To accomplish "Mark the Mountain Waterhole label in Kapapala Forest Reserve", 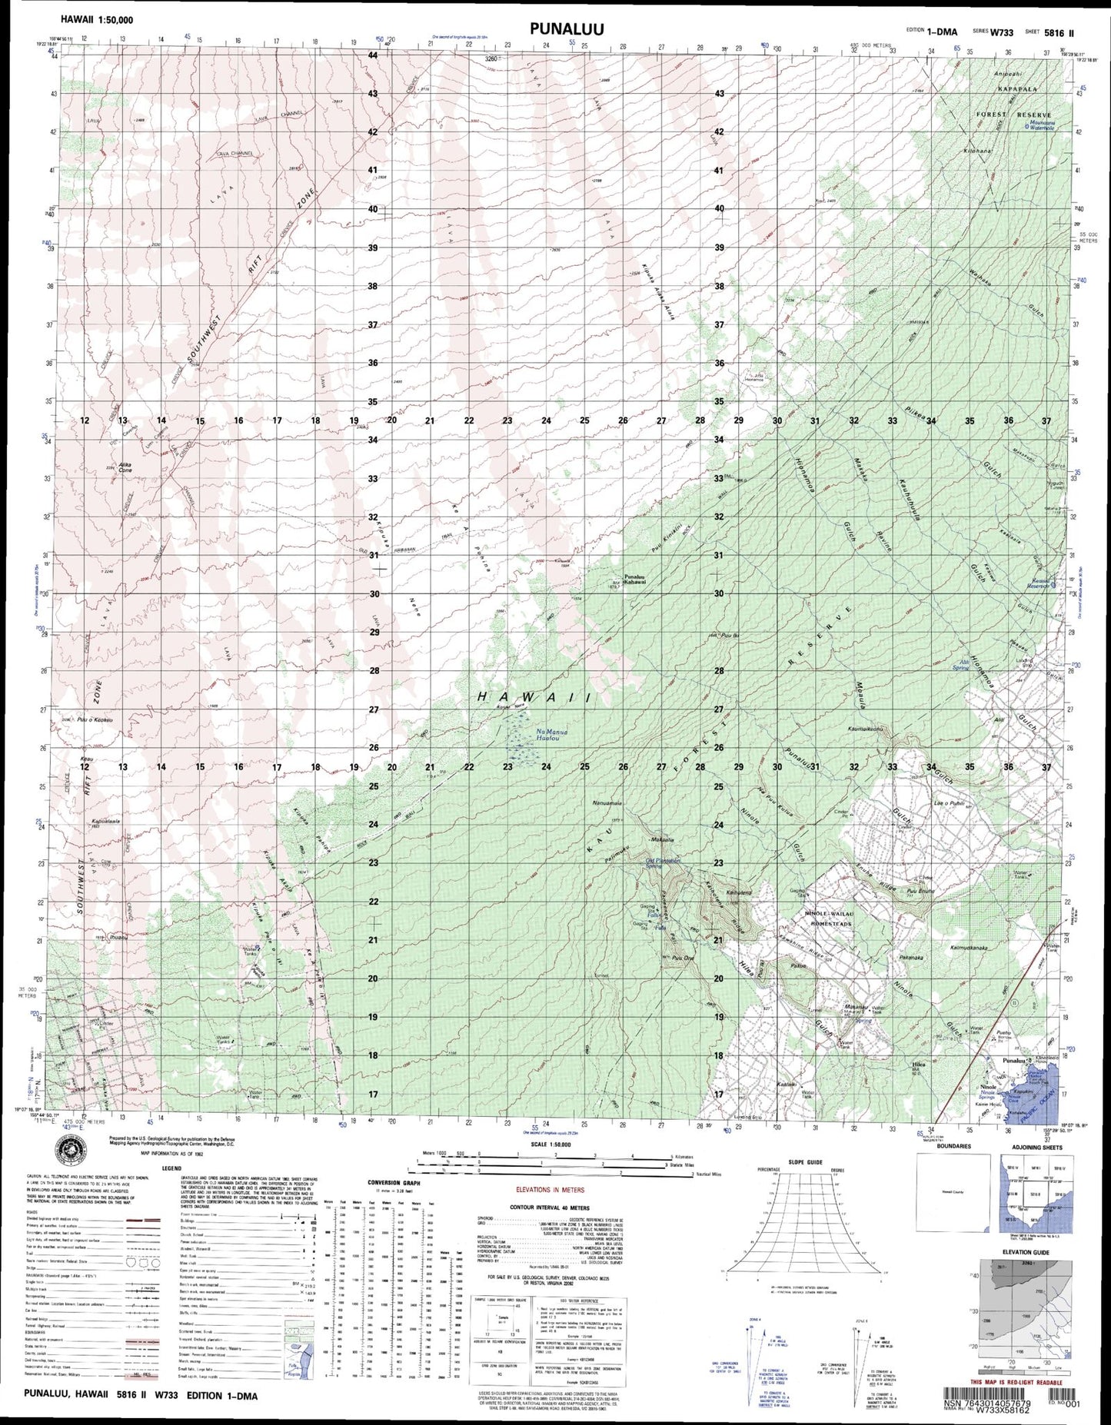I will coord(1030,125).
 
